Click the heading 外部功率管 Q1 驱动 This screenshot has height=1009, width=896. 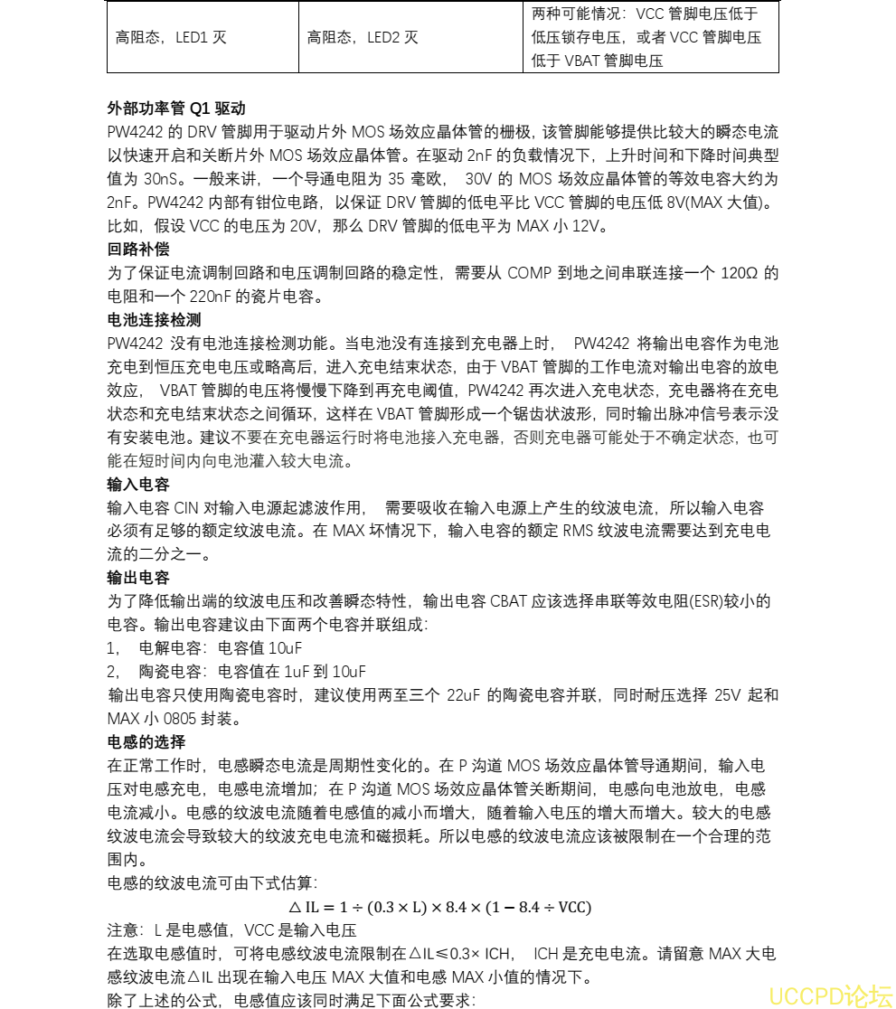[175, 108]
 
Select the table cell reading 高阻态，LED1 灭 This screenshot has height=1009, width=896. [171, 38]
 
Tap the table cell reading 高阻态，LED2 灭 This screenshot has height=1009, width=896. [363, 38]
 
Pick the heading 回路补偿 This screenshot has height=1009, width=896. [138, 249]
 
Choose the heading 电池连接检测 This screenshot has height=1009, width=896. [154, 319]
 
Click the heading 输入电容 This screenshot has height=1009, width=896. [138, 484]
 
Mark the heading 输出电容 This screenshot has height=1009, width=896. [138, 578]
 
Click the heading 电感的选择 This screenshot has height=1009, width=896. [146, 742]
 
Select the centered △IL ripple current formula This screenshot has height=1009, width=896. [440, 907]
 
